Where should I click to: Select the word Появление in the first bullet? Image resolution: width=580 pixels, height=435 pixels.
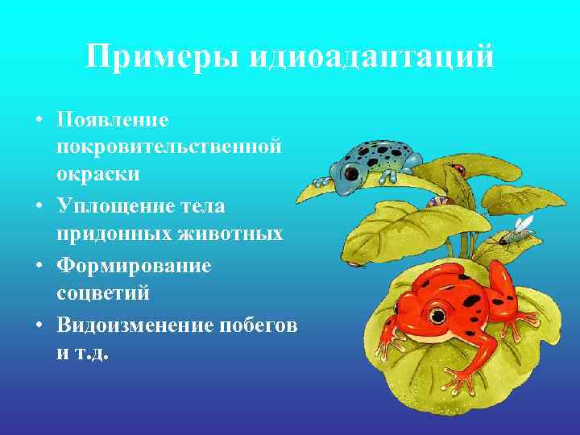tap(113, 119)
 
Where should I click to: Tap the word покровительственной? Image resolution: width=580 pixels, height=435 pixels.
tap(169, 147)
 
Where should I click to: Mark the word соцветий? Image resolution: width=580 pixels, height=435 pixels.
tap(104, 292)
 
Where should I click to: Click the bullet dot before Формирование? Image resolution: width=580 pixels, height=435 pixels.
tap(40, 266)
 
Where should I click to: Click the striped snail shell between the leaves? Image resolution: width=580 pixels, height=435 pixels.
tap(435, 201)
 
